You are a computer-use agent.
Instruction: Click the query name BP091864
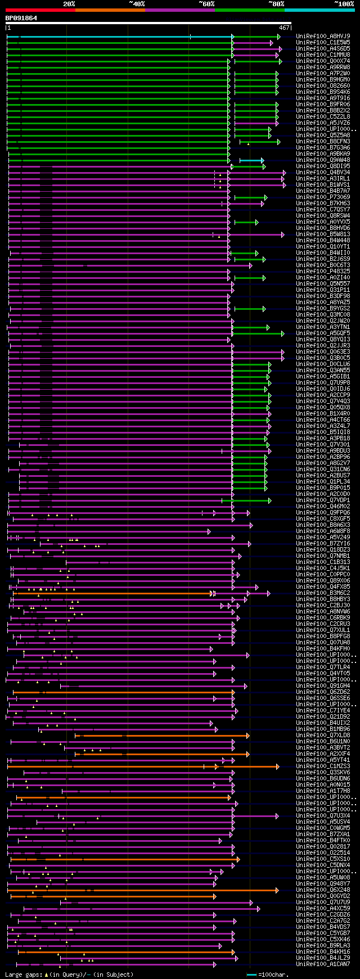coord(21,18)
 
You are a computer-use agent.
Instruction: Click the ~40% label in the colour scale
coord(137,4)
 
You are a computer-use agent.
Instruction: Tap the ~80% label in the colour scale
coord(276,4)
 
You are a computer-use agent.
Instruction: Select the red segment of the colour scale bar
coord(40,10)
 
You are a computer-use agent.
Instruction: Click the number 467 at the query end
coord(283,28)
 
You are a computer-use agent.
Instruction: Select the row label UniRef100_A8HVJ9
coord(323,36)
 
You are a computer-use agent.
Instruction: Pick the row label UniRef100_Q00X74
coord(323,61)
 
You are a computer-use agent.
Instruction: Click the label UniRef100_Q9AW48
coord(323,160)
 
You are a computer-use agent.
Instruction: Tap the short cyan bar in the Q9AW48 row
coord(251,160)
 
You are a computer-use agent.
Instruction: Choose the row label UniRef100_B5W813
coord(323,234)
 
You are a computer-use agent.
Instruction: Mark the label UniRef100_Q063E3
coord(323,351)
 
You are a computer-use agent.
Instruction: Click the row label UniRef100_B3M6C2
coord(323,593)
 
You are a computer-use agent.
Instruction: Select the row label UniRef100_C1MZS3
coord(323,766)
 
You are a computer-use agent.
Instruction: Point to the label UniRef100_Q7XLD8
coord(323,735)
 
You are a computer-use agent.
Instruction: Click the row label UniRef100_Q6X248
coord(323,890)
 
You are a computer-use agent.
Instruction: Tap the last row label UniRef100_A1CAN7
coord(323,964)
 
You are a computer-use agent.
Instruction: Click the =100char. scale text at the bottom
coord(274,974)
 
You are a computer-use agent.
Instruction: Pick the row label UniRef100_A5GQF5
coord(323,333)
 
